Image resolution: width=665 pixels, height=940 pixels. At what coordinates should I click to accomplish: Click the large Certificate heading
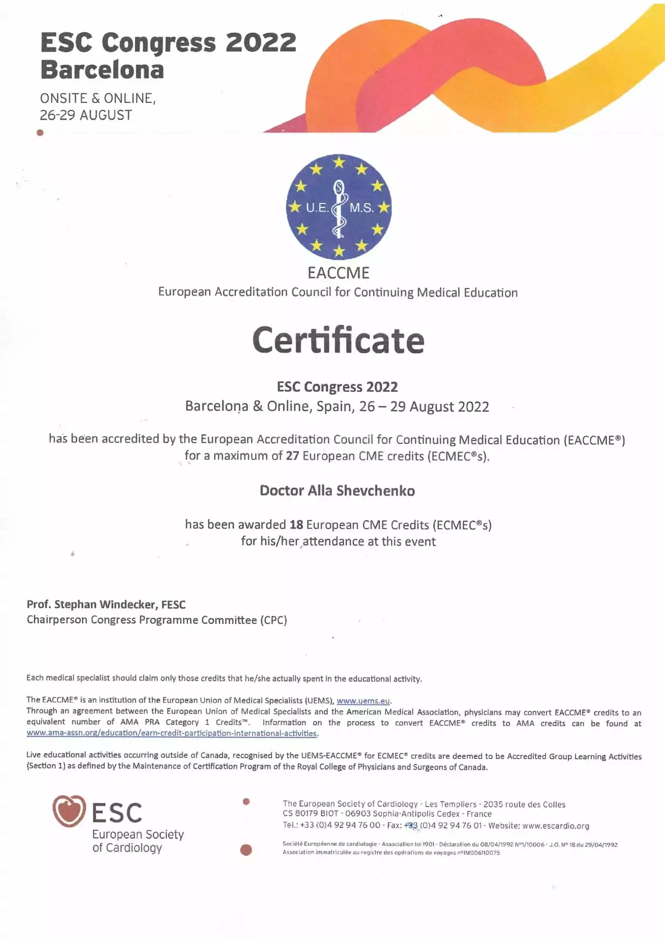(x=338, y=341)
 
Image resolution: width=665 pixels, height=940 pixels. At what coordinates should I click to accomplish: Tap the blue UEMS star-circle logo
(x=339, y=207)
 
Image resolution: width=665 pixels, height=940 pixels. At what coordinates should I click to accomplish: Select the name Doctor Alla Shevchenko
(x=337, y=491)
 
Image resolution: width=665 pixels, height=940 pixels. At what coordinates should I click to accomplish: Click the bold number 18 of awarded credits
(x=296, y=525)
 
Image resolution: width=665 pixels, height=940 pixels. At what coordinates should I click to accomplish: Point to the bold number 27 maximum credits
(x=292, y=456)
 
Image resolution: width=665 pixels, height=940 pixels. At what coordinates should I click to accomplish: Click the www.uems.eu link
(x=363, y=700)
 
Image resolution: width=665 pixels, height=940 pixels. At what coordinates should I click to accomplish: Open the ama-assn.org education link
(x=172, y=733)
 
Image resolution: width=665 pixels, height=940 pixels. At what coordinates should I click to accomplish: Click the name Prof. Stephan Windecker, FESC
(x=106, y=604)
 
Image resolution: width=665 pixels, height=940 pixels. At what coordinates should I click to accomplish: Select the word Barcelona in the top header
(x=103, y=70)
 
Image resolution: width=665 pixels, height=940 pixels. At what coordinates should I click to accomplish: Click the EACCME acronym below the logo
(x=338, y=273)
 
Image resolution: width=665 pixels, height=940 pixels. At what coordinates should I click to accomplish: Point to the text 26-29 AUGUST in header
(x=86, y=115)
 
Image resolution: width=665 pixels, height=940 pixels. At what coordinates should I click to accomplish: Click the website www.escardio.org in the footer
(x=556, y=826)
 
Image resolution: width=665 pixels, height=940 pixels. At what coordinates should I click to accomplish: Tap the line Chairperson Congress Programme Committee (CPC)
(x=157, y=620)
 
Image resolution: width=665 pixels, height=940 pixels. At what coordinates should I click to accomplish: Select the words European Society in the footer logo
(x=138, y=834)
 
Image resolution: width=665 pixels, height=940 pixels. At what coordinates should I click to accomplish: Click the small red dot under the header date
(x=40, y=132)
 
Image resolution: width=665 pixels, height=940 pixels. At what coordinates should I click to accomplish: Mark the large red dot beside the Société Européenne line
(x=246, y=850)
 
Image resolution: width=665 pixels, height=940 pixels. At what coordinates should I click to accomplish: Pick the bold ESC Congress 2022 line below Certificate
(x=337, y=387)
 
